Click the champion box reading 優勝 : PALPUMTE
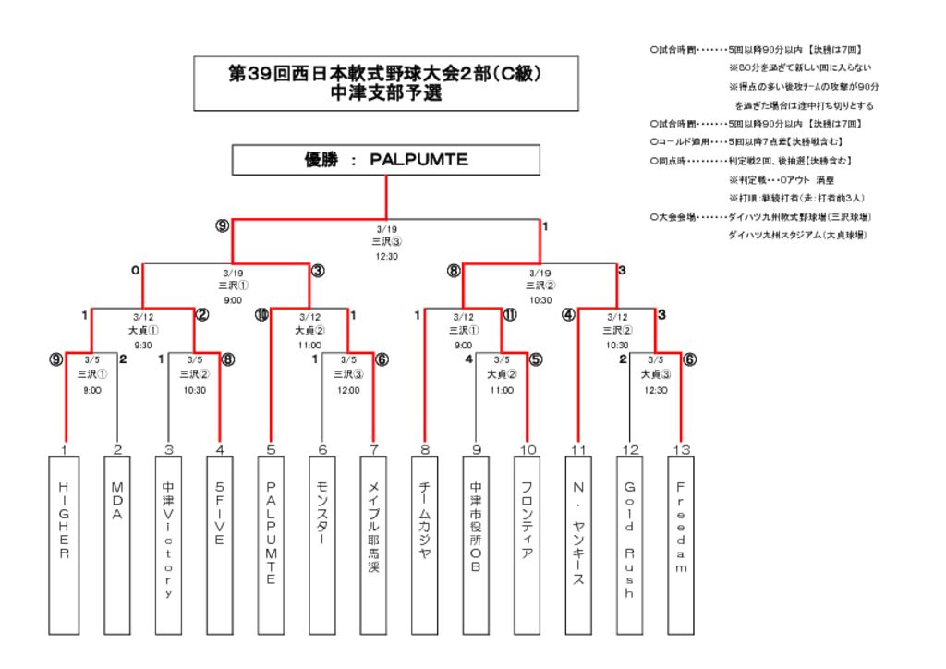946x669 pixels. [385, 160]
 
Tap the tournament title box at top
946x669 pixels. [385, 84]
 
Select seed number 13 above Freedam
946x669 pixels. [681, 449]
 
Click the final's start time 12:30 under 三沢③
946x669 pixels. [386, 256]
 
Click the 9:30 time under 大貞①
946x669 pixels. [143, 344]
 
